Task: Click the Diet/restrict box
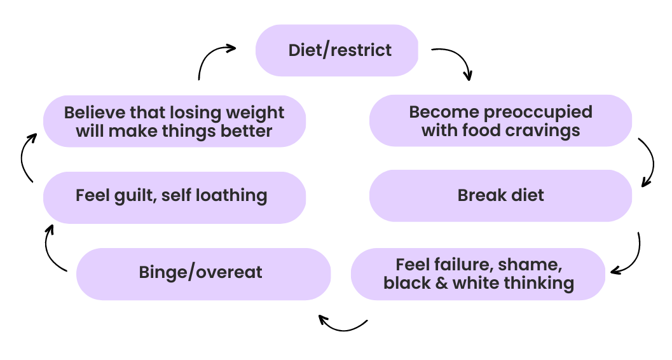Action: [x=337, y=50]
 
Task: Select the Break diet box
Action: [x=500, y=195]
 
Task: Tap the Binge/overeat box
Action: [x=203, y=273]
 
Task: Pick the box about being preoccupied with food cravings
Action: [x=500, y=121]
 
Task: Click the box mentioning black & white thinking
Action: [x=478, y=274]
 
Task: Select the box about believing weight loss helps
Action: [x=174, y=121]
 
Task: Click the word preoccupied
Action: [x=538, y=113]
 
